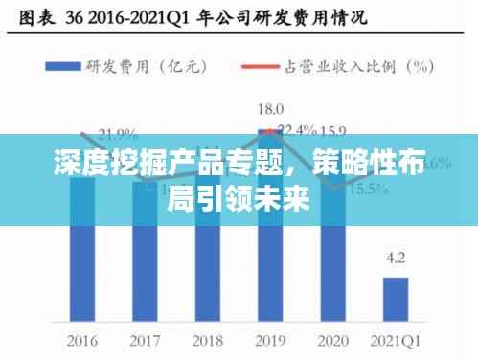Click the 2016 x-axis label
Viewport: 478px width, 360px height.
point(83,339)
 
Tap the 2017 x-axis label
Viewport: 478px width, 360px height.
point(146,339)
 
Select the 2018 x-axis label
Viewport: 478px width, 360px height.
point(208,339)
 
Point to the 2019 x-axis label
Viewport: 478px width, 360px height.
point(271,339)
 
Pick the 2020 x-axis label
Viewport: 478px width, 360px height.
point(333,339)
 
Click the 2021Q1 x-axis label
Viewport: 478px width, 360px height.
point(396,339)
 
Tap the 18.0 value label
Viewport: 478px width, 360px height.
point(271,109)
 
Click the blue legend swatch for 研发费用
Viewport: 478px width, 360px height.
point(74,66)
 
